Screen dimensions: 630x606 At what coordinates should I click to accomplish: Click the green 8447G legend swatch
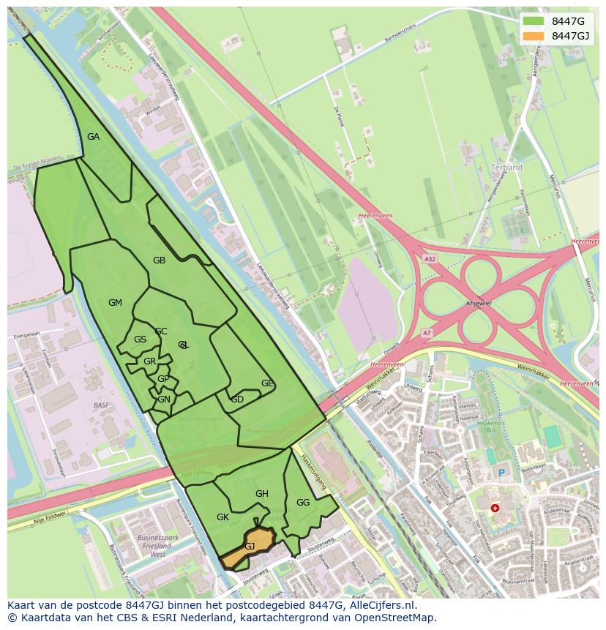coord(533,20)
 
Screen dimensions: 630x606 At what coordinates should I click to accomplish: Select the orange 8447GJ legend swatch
coord(533,36)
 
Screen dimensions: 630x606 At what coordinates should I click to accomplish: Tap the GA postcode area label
coord(93,137)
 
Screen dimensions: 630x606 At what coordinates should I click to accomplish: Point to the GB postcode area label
coord(159,260)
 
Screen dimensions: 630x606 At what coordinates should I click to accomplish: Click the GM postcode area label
coord(115,303)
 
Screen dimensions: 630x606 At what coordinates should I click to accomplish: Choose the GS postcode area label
coord(140,340)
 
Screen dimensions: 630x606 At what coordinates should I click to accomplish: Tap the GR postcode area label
coord(149,361)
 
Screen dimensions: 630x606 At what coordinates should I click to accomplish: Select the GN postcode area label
coord(164,400)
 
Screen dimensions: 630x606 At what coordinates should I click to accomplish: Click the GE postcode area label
coord(267,383)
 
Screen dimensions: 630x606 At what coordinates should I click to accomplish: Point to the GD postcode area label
coord(237,400)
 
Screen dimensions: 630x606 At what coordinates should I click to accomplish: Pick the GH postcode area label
coord(262,494)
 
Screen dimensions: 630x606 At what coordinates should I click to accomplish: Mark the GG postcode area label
coord(303,503)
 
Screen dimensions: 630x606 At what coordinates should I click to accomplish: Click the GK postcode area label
coord(223,517)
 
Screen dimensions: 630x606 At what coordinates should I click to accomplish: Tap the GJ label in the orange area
coord(250,547)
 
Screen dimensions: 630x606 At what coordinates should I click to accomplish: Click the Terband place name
coord(506,168)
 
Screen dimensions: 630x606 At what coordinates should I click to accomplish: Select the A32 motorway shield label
coord(430,259)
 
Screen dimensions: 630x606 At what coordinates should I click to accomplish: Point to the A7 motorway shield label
coord(427,334)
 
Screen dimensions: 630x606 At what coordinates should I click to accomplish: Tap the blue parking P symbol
coord(501,473)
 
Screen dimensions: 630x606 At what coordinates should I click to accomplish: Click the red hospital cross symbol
coord(495,508)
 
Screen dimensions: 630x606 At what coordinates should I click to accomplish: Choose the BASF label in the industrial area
coord(101,405)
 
